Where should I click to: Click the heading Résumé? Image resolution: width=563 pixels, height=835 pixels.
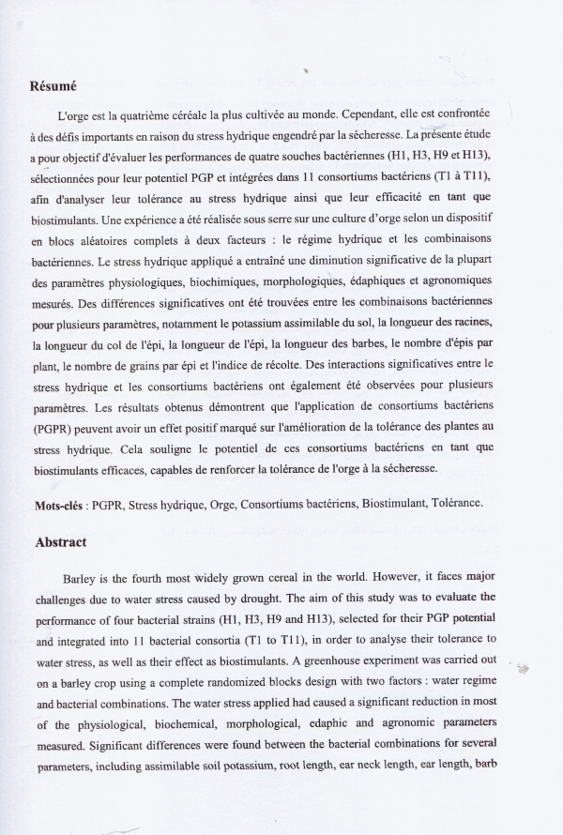[x=53, y=85]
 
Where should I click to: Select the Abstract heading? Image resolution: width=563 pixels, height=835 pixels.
[x=60, y=541]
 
